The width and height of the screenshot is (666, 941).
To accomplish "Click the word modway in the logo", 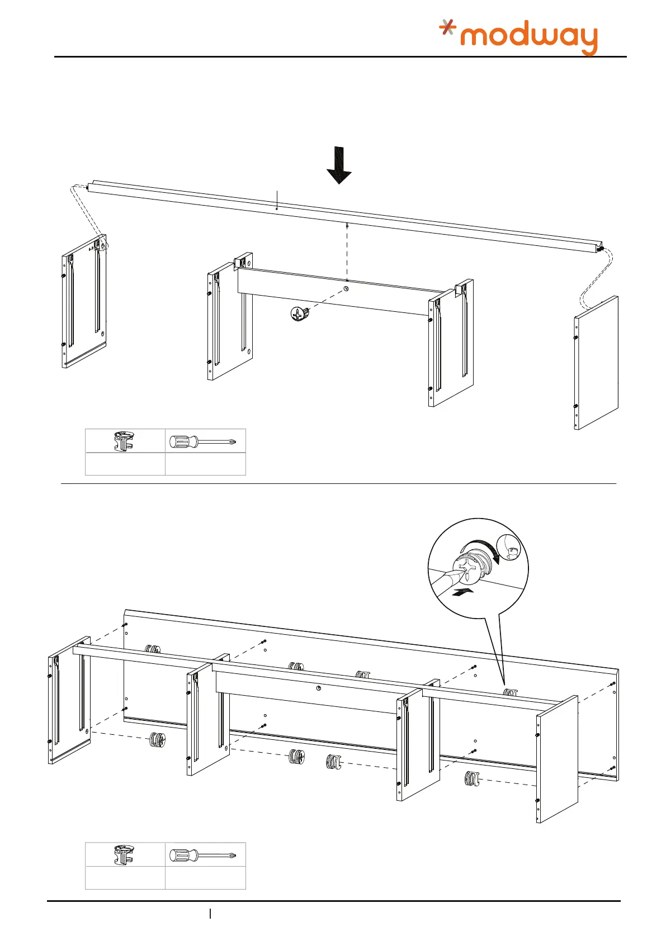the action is pyautogui.click(x=528, y=38).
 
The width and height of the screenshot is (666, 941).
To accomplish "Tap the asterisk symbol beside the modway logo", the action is pyautogui.click(x=447, y=27).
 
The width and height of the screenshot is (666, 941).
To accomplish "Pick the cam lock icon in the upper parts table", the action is pyautogui.click(x=125, y=441).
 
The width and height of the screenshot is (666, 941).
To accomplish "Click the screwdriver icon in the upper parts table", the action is pyautogui.click(x=205, y=441).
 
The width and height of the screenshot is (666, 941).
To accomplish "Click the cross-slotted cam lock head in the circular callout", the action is pyautogui.click(x=471, y=568).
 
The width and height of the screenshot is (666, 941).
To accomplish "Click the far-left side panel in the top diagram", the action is pyautogui.click(x=84, y=302).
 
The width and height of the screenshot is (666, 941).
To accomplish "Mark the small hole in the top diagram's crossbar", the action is pyautogui.click(x=346, y=289).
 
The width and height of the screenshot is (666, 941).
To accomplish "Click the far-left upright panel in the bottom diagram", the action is pyautogui.click(x=69, y=701).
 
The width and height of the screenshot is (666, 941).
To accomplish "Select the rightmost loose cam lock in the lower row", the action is pyautogui.click(x=472, y=778).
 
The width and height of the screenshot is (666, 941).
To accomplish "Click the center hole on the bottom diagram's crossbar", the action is pyautogui.click(x=318, y=687).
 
